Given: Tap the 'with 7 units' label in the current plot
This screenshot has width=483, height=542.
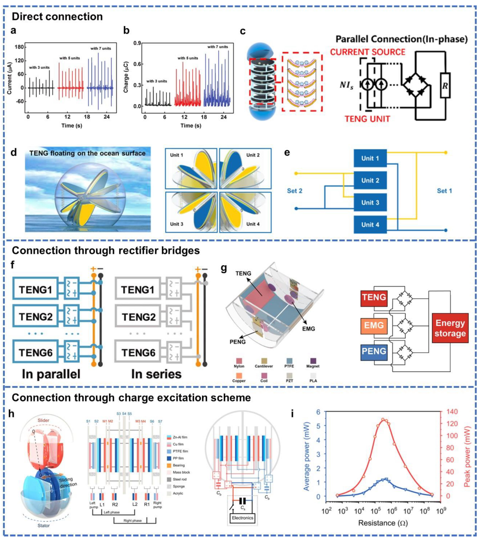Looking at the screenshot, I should [101, 48].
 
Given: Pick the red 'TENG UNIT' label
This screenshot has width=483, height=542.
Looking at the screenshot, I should [367, 119].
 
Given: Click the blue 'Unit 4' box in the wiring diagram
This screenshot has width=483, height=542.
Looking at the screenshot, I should [370, 225].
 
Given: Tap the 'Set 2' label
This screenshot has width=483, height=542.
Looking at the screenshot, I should [295, 191].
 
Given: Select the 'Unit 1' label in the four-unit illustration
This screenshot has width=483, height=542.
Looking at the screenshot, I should [176, 155].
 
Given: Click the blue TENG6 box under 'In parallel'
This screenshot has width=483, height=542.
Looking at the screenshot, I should [35, 352].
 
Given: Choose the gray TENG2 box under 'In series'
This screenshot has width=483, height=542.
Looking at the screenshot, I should [138, 317].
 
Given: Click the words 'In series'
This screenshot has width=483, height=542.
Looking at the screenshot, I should [156, 374].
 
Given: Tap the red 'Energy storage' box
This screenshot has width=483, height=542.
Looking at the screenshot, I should [450, 328].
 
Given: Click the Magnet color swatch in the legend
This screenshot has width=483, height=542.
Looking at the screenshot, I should [313, 361].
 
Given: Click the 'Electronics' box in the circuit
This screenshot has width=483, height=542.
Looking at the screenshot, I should [242, 518].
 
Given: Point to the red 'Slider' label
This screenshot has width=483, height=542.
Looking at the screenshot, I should [43, 420].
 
